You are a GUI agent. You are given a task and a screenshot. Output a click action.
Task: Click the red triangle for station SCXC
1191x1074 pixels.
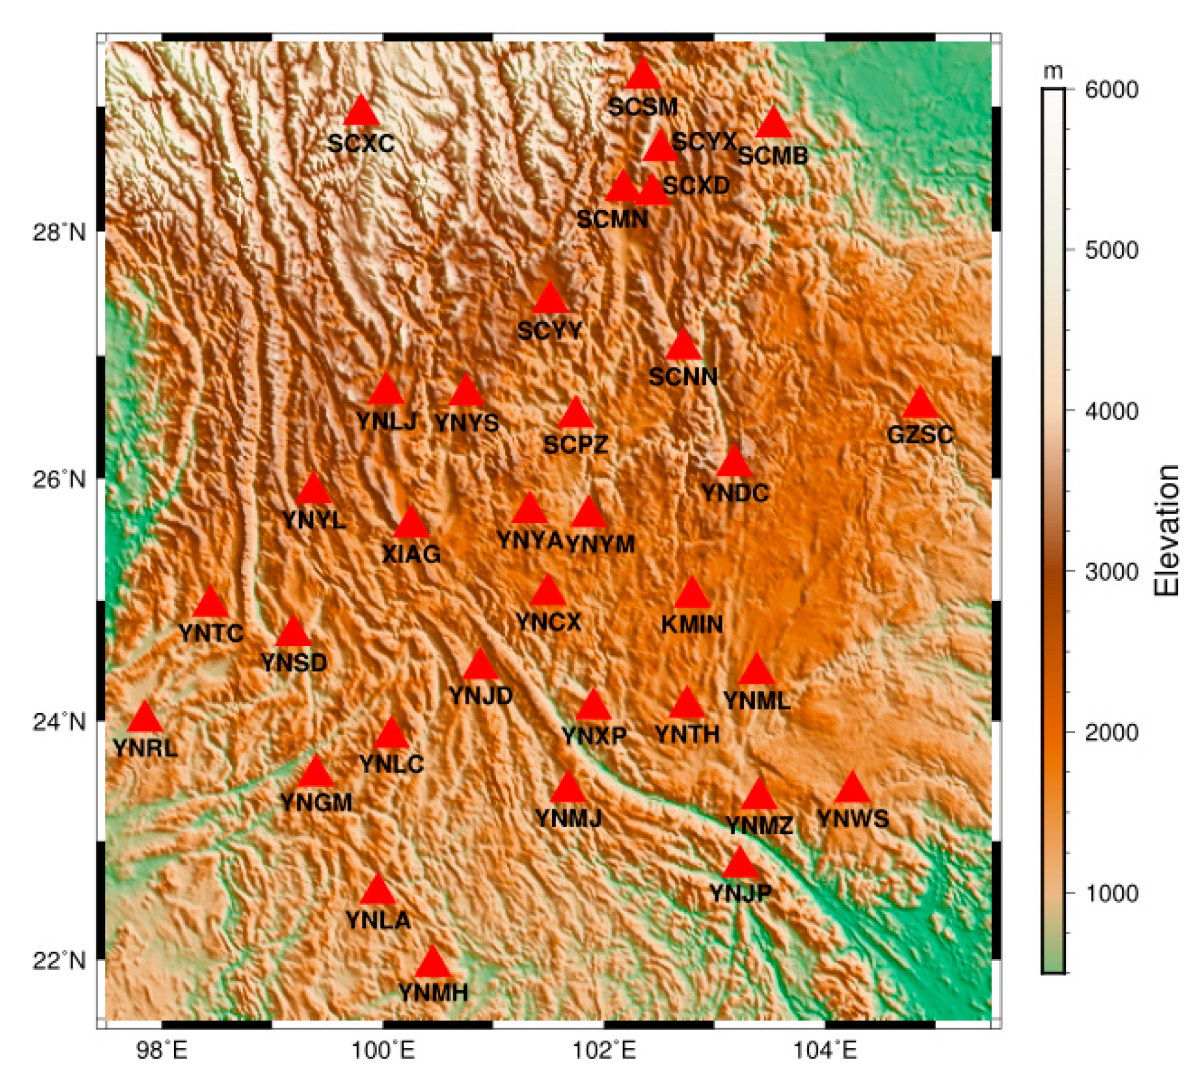(x=362, y=112)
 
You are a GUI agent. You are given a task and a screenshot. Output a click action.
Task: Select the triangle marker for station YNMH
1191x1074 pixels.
(x=433, y=964)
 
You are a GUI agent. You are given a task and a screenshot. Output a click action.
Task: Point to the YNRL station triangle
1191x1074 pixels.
(x=145, y=718)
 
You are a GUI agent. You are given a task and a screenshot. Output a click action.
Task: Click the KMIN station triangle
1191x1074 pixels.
(x=692, y=594)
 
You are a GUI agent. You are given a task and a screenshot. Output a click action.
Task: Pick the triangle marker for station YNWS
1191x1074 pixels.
(x=852, y=789)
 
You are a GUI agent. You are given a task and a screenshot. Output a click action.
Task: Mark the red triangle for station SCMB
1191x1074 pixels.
(x=773, y=124)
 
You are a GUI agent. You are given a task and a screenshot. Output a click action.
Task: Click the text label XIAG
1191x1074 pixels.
(x=411, y=554)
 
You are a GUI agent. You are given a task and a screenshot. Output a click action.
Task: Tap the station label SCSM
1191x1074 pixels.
(x=643, y=107)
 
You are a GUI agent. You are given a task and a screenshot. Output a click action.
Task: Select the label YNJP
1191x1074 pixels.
(x=740, y=893)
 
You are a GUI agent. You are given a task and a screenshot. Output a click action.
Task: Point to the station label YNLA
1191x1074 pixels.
(x=378, y=920)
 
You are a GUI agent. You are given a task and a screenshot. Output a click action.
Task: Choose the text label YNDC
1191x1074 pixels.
(x=735, y=493)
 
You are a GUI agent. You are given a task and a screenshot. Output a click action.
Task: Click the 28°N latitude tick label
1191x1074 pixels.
(x=59, y=232)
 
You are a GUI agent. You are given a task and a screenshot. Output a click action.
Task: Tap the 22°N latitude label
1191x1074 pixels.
(x=59, y=960)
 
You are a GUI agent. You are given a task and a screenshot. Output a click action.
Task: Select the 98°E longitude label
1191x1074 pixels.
(x=162, y=1049)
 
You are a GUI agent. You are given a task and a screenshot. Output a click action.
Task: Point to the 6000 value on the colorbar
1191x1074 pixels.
(x=1111, y=89)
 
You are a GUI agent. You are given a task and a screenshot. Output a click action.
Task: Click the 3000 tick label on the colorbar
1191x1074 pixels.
(x=1111, y=571)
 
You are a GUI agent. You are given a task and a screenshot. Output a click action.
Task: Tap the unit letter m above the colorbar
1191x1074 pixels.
(x=1053, y=71)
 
